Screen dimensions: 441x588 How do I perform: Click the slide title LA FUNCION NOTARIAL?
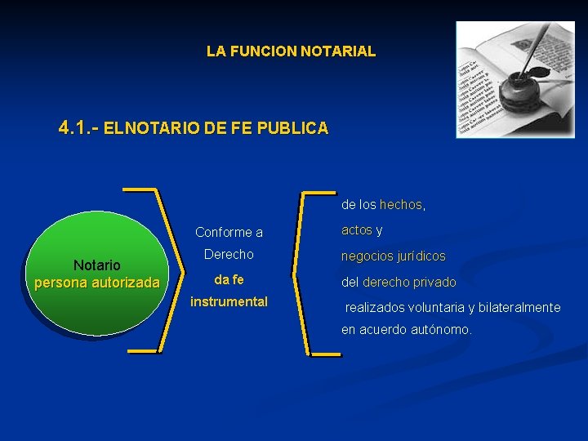point(291,51)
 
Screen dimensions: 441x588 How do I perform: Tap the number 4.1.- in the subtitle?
point(79,128)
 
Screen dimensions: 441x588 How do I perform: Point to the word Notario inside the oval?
point(97,265)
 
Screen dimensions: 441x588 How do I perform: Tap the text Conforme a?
point(229,232)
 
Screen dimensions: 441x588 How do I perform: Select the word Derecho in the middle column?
point(229,254)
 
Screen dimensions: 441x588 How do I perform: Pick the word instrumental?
point(229,301)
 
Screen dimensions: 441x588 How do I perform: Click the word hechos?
point(401,204)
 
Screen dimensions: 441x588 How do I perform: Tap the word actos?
point(356,230)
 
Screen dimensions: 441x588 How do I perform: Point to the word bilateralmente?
point(519,307)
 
